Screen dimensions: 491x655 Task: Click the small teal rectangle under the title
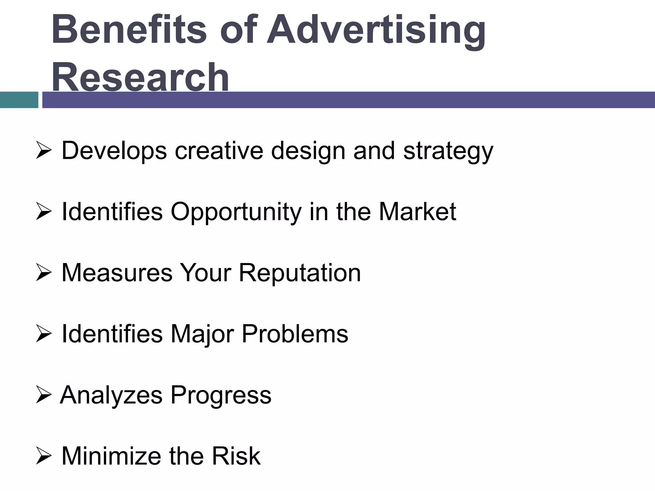click(x=19, y=100)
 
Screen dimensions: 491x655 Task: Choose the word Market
click(x=417, y=211)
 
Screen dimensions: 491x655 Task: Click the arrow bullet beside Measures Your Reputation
click(x=43, y=273)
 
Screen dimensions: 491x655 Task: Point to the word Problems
click(x=295, y=334)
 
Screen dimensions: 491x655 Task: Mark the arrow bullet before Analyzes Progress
click(x=43, y=395)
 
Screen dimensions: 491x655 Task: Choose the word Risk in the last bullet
click(x=236, y=456)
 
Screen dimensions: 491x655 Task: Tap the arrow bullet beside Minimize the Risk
click(x=43, y=456)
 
